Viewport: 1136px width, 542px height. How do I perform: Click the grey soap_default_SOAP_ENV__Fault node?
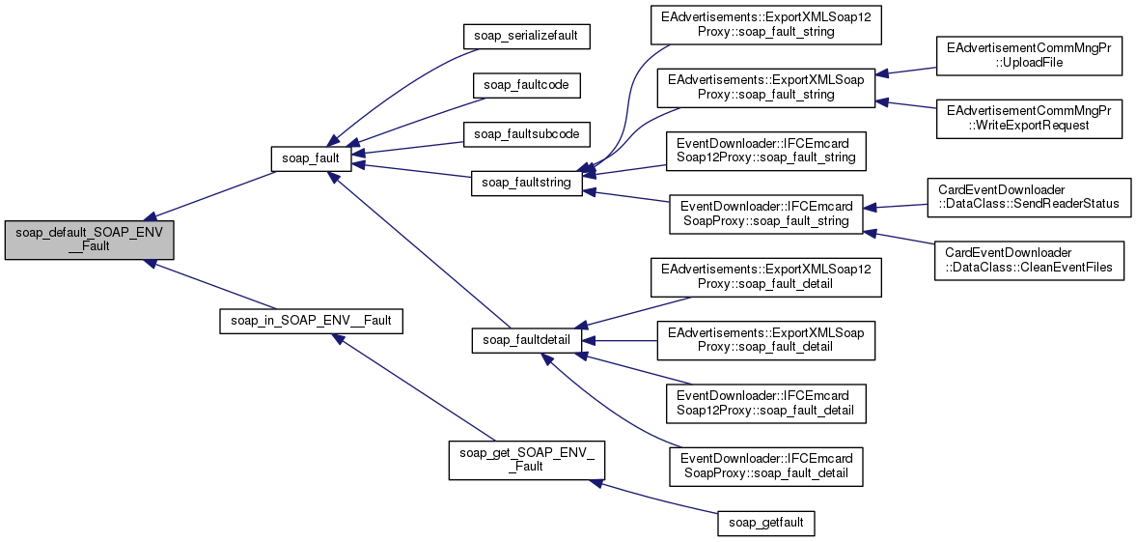(89, 239)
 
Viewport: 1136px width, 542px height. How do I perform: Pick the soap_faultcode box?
(526, 84)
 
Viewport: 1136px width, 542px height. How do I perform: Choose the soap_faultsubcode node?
(526, 133)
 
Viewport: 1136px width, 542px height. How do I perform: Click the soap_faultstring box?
(526, 182)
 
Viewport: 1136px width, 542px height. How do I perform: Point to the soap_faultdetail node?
(526, 339)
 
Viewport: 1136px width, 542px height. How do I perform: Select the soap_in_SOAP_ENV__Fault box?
(310, 319)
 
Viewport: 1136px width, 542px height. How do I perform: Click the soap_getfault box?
(765, 523)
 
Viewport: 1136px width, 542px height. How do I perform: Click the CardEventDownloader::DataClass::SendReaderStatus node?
(1028, 197)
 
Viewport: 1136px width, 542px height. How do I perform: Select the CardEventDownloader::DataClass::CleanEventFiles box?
(1028, 260)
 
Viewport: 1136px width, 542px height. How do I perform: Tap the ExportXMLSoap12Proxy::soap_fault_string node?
(765, 24)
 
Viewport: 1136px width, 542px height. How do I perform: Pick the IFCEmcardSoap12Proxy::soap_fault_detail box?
(765, 403)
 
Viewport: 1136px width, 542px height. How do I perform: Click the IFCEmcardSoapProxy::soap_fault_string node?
(765, 214)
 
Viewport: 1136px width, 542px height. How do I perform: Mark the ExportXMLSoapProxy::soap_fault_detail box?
(765, 340)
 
